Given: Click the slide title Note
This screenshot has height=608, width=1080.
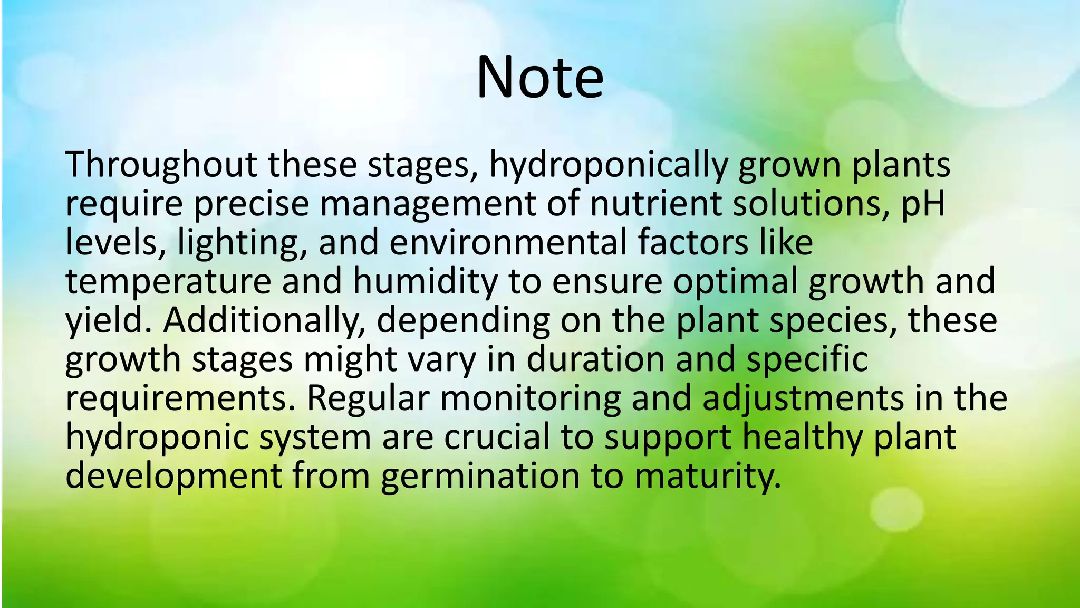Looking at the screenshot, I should click(x=539, y=78).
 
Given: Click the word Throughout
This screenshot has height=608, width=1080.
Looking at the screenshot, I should click(x=161, y=165).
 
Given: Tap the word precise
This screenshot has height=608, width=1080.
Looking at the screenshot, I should click(x=252, y=204).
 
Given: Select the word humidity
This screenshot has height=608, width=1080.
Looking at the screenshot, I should click(x=425, y=282).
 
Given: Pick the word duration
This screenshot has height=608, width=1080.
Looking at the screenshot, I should click(x=595, y=359).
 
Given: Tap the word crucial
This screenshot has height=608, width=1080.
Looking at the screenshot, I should click(x=496, y=438).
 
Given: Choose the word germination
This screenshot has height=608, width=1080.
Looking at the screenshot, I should click(x=480, y=477).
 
